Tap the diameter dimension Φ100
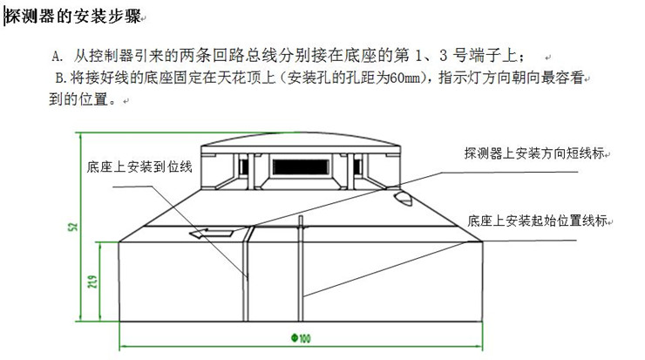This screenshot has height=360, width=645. tap(301, 338)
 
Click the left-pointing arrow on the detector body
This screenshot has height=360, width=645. tap(214, 232)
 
